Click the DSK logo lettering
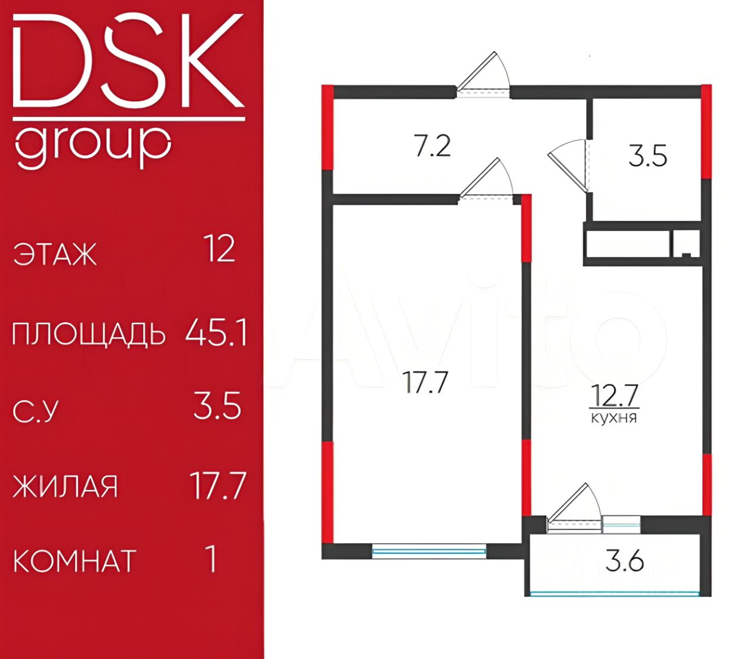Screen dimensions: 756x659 pos(128,62)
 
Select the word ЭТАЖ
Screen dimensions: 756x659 pos(55,255)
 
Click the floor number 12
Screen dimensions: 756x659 pos(219,249)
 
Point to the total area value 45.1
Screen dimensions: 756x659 pos(216,333)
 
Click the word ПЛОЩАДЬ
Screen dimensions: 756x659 pos(89,334)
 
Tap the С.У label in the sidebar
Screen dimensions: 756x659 pos(35,411)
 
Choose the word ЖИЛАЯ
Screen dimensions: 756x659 pos(66,487)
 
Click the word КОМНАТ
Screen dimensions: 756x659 pos(74,561)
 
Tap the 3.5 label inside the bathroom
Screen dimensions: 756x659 pos(647,157)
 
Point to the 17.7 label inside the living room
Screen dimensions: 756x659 pos(425,382)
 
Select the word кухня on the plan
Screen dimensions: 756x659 pos(614,418)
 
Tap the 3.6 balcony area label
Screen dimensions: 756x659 pos(624,561)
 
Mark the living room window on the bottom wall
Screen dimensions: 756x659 pos(429,551)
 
